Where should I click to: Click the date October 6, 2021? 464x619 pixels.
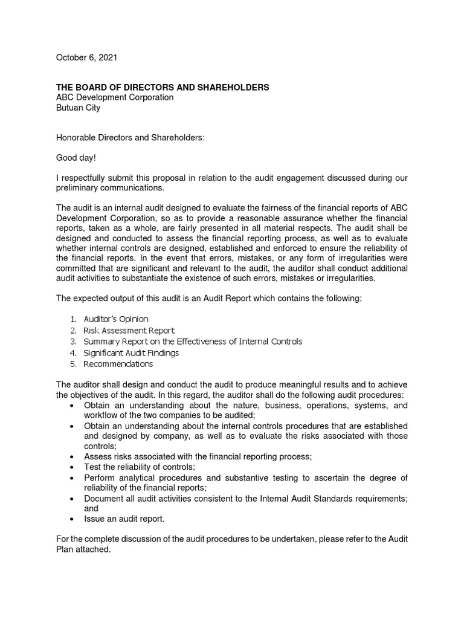point(86,58)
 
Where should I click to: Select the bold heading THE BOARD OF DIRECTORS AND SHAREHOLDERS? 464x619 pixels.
point(163,88)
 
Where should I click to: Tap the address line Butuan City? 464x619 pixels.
point(78,108)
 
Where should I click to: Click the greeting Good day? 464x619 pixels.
point(76,158)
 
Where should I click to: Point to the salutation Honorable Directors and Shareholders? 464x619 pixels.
point(130,138)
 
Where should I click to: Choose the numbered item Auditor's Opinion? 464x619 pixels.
point(116,319)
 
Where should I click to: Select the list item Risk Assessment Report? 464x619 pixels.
point(129,330)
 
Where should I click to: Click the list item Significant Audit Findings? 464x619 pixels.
point(131,352)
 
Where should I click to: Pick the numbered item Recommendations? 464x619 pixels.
point(118,364)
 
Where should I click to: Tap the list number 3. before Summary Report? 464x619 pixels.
point(72,342)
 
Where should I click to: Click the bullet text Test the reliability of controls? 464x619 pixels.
point(140,467)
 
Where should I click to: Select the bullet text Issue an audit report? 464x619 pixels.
point(124,519)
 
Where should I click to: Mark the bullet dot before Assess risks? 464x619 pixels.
point(72,457)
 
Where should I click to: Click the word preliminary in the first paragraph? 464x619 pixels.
point(79,187)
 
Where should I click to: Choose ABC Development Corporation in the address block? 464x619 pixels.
point(115,98)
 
